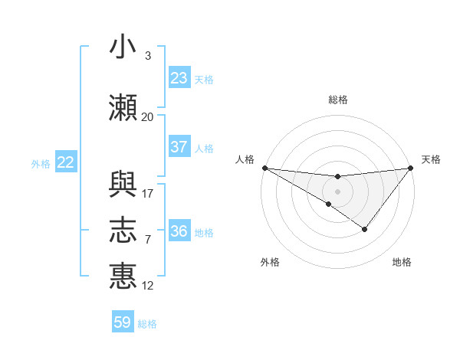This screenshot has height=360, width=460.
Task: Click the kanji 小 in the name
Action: (x=123, y=47)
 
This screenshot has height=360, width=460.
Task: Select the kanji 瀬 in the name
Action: (x=123, y=108)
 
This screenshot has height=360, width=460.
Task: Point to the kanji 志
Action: (x=123, y=231)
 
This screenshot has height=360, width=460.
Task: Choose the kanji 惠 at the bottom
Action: (x=123, y=277)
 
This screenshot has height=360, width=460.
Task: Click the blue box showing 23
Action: (x=179, y=78)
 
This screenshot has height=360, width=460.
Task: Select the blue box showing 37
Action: (x=179, y=147)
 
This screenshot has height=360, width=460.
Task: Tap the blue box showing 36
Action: (x=179, y=231)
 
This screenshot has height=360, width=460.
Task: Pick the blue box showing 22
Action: (x=66, y=162)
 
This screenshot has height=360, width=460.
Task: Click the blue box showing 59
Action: (x=123, y=322)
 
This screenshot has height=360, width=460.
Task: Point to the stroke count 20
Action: (x=147, y=117)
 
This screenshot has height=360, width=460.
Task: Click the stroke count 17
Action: (x=148, y=194)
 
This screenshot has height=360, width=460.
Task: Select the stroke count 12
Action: (x=148, y=286)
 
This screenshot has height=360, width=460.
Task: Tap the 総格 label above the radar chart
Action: (x=337, y=100)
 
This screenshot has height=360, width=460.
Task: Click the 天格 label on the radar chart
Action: (x=432, y=159)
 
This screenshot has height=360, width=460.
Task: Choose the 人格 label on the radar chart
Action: (x=245, y=159)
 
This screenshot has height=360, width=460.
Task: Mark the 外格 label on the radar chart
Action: (x=270, y=262)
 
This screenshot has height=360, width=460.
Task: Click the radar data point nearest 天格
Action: (x=411, y=168)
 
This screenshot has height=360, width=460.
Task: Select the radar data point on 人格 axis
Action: (x=264, y=168)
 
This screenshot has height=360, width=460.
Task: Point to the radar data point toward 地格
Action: (x=365, y=229)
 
